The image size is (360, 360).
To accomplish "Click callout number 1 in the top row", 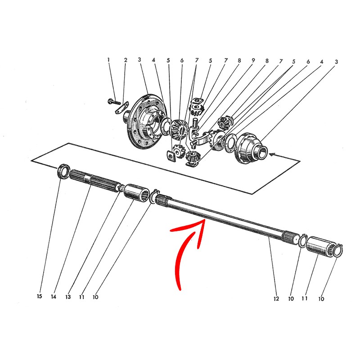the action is click(108, 60).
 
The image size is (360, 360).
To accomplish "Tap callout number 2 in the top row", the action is click(126, 60).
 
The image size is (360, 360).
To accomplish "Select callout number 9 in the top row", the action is click(253, 60).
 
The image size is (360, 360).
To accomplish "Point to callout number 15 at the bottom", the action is click(40, 296).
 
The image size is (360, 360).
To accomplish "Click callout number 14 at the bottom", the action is click(54, 297).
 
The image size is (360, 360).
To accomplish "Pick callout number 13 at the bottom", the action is click(68, 297).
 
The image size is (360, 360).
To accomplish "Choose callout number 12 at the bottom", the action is click(276, 298).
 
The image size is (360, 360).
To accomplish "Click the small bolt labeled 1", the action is click(114, 101).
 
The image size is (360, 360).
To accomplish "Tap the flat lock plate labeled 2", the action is click(121, 108).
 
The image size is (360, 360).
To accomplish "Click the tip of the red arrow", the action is click(204, 220).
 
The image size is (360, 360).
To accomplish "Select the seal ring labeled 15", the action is click(63, 171).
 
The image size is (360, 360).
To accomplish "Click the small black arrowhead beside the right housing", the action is click(272, 155).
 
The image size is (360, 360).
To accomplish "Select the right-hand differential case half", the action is click(250, 148).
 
